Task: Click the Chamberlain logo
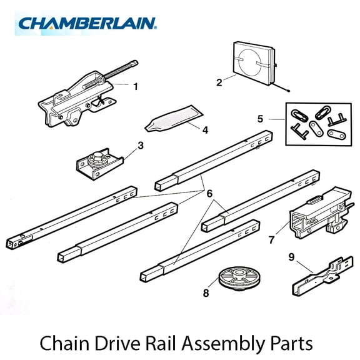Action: tap(87, 23)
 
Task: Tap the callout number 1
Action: tap(135, 86)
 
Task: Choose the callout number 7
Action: tap(271, 239)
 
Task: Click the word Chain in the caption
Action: tap(64, 342)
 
